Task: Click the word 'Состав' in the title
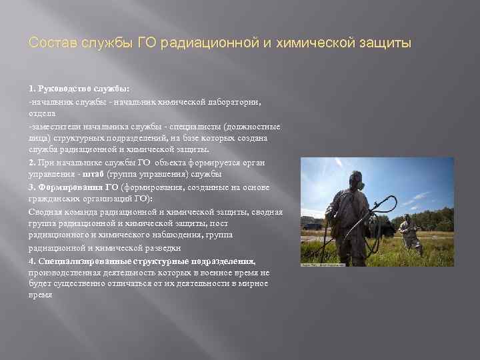tap(49, 43)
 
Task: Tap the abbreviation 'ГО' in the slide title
tap(147, 43)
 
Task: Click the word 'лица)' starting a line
tap(38, 138)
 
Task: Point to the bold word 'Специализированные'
tap(81, 260)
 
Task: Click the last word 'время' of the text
tap(40, 295)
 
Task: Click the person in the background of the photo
tap(407, 233)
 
